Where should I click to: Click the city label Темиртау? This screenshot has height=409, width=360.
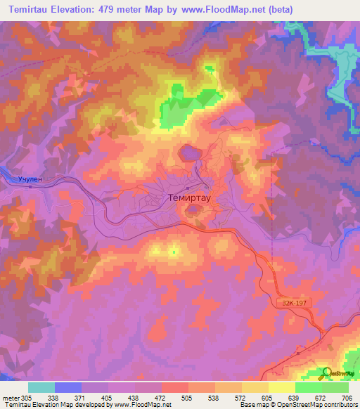191,198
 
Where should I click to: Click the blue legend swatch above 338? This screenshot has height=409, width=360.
68,387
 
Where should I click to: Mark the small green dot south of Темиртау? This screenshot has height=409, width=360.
174,252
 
